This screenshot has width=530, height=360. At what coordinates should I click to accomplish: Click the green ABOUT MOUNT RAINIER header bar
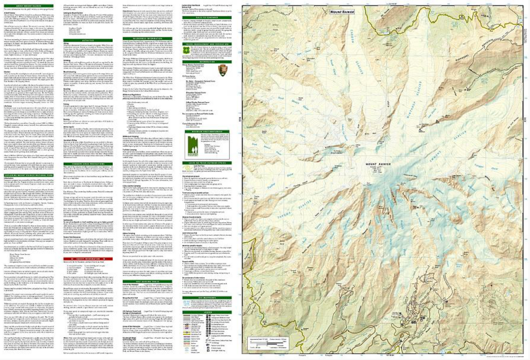(28, 6)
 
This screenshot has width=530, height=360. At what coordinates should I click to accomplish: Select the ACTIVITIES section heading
(88, 41)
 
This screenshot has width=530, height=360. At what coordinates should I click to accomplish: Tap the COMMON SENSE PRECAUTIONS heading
(88, 164)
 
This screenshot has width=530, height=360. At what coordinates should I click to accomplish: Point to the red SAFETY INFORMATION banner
(88, 259)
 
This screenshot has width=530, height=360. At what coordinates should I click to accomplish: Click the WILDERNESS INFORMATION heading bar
(147, 38)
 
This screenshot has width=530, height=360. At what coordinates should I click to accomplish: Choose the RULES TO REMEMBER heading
(206, 17)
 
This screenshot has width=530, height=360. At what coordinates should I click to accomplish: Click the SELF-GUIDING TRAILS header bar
(147, 281)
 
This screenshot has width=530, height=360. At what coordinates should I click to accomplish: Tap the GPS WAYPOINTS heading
(206, 298)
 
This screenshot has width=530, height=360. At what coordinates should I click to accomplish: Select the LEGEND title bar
(206, 312)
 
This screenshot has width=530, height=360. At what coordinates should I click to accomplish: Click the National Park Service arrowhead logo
(222, 70)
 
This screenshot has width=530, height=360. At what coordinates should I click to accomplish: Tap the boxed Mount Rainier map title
(342, 12)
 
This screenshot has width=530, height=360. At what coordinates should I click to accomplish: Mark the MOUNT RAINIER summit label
(378, 164)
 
